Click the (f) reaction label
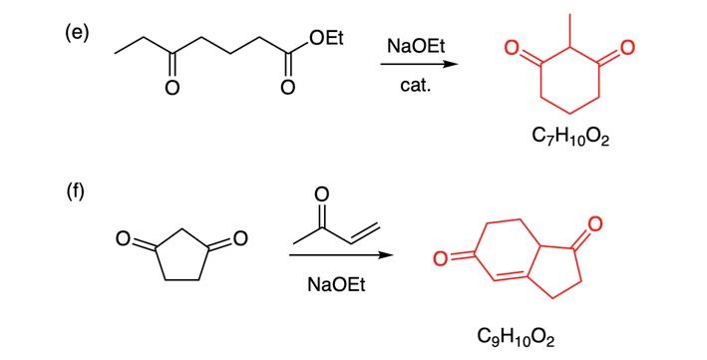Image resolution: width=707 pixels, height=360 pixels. tap(76, 192)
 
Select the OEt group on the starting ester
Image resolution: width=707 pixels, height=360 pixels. tap(325, 39)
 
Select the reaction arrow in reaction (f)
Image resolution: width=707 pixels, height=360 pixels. tap(339, 256)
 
